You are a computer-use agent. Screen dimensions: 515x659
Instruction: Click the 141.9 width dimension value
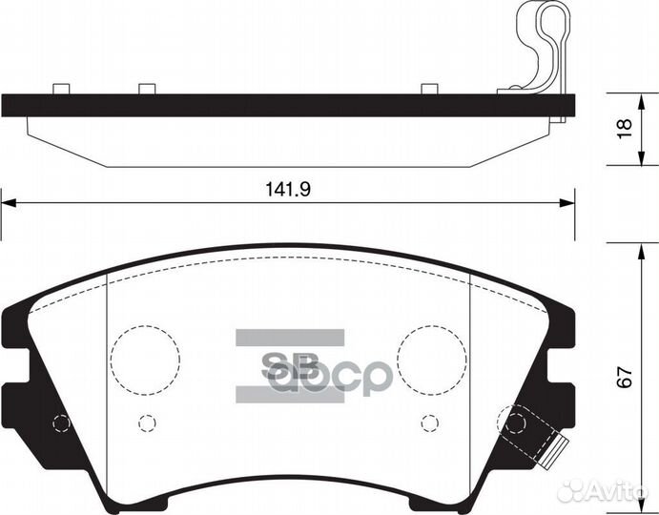tap(289, 189)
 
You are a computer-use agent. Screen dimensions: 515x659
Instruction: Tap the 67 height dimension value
tap(625, 377)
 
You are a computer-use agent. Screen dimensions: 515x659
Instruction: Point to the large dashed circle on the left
tap(145, 359)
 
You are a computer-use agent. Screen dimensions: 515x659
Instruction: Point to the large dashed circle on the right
tap(432, 359)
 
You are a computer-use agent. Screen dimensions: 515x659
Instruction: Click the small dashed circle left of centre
tap(147, 421)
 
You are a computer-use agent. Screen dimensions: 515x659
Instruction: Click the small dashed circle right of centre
tap(430, 421)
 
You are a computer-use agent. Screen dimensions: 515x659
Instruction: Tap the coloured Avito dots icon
tap(576, 490)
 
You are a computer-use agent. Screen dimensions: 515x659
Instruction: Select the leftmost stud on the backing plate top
tap(61, 89)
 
